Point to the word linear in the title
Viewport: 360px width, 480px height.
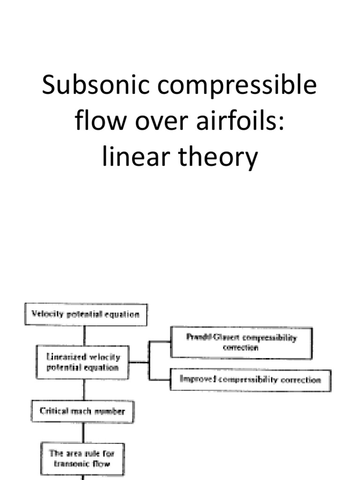133,158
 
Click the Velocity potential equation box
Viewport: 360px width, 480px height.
85,315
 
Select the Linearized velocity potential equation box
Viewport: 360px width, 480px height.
82,362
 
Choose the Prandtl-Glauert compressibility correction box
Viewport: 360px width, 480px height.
241,343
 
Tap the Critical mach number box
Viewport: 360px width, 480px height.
82,411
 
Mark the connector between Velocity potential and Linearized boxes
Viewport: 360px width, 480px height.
84,336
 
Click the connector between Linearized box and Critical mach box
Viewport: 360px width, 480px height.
84,390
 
